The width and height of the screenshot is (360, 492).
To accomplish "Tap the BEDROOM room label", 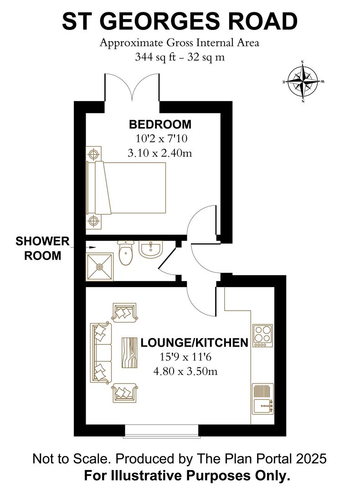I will point(160,124).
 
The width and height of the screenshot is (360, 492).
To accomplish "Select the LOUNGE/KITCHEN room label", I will point(194,343).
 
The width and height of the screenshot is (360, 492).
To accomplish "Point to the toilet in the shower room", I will point(124,253).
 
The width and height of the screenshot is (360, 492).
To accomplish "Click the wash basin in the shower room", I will point(150,250).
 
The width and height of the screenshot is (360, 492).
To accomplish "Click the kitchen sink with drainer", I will point(262,399).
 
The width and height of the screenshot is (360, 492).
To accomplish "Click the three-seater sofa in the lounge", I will point(101,352).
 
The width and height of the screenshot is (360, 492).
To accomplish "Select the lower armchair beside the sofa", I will point(123,392).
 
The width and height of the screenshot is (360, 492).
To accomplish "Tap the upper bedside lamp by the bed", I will point(94,154).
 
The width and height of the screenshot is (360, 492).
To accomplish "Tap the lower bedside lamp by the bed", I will point(94,221).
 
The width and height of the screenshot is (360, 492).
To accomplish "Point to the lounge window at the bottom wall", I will point(161,430).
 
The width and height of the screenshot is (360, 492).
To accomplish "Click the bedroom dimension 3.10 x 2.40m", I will point(160,153).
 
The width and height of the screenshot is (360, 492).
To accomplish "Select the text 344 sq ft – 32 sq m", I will point(180,57).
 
